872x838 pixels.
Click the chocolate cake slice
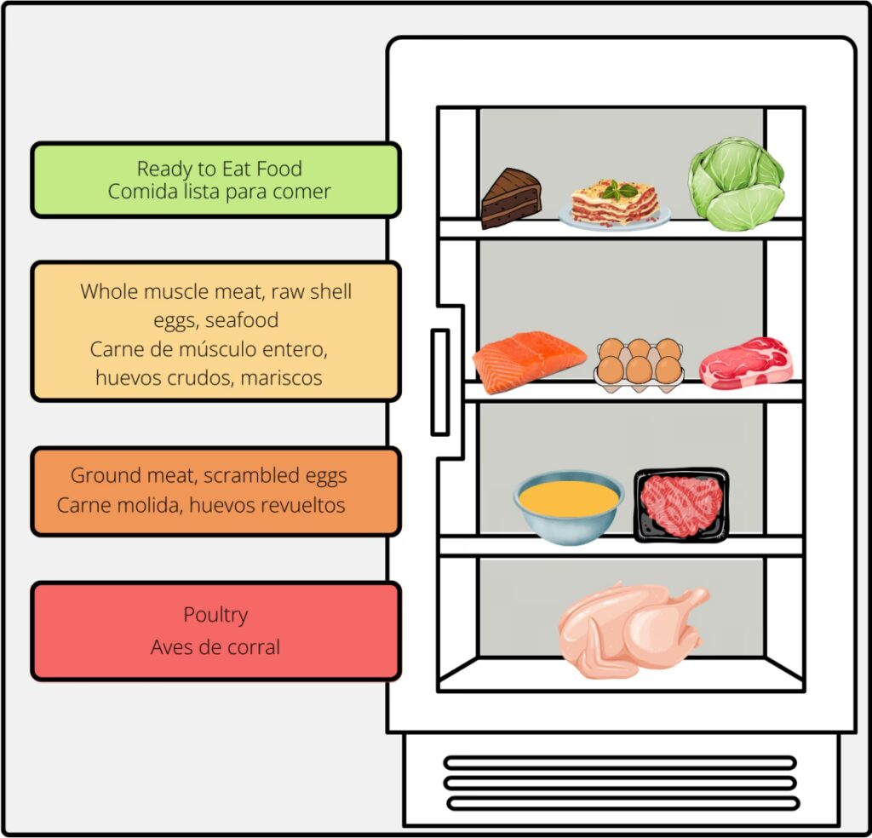click(x=510, y=198)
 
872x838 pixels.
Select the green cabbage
click(x=736, y=184)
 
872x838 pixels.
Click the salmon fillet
click(x=528, y=358)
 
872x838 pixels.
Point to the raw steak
click(x=746, y=364)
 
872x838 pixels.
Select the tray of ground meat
click(x=681, y=504)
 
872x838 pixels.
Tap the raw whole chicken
click(x=631, y=630)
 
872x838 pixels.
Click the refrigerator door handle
click(x=439, y=382)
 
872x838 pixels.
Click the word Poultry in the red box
click(x=215, y=615)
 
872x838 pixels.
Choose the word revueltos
click(x=304, y=505)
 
